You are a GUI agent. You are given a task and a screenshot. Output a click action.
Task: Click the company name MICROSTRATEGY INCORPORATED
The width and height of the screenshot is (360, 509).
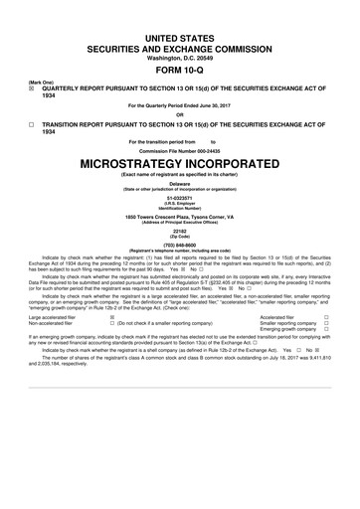pyautogui.click(x=179, y=160)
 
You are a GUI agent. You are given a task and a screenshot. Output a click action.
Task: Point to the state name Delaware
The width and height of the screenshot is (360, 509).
pyautogui.click(x=179, y=184)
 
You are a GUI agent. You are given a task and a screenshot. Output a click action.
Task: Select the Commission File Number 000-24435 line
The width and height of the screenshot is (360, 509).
pyautogui.click(x=179, y=150)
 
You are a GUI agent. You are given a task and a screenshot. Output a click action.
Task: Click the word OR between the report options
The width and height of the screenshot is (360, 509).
pyautogui.click(x=179, y=110)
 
